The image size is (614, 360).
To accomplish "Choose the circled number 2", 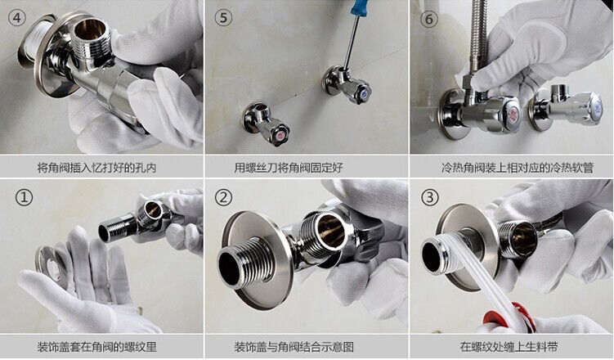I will click(x=223, y=197).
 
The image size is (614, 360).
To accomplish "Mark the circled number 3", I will click(x=428, y=197).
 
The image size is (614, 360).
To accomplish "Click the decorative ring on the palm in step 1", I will click(x=52, y=263).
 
